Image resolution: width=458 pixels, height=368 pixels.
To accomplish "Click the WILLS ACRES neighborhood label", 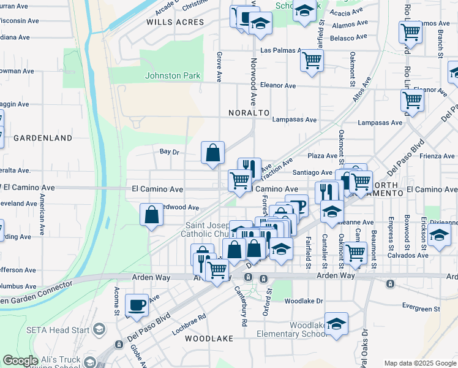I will (x=175, y=22).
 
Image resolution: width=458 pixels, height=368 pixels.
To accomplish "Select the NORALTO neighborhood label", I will (x=249, y=113).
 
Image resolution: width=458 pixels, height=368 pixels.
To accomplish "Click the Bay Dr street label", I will (x=169, y=151).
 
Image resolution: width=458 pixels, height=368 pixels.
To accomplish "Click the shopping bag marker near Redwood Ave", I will (x=151, y=215).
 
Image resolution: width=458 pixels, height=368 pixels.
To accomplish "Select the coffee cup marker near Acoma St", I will (x=137, y=305).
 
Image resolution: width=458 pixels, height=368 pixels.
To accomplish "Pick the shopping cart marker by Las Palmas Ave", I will (x=312, y=61).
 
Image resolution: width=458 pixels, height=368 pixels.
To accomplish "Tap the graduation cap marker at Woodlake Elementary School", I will (x=336, y=323).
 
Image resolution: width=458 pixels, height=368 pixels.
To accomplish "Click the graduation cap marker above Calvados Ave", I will (x=439, y=236).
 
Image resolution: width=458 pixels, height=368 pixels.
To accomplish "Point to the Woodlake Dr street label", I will (x=303, y=301).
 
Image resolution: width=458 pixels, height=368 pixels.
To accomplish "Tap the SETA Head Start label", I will (x=58, y=329).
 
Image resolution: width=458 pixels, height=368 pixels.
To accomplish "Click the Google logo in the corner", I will (x=20, y=361).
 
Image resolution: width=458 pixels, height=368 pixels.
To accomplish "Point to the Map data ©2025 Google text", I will (x=419, y=363).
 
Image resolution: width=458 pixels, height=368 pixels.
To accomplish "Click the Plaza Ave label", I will (x=323, y=156).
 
